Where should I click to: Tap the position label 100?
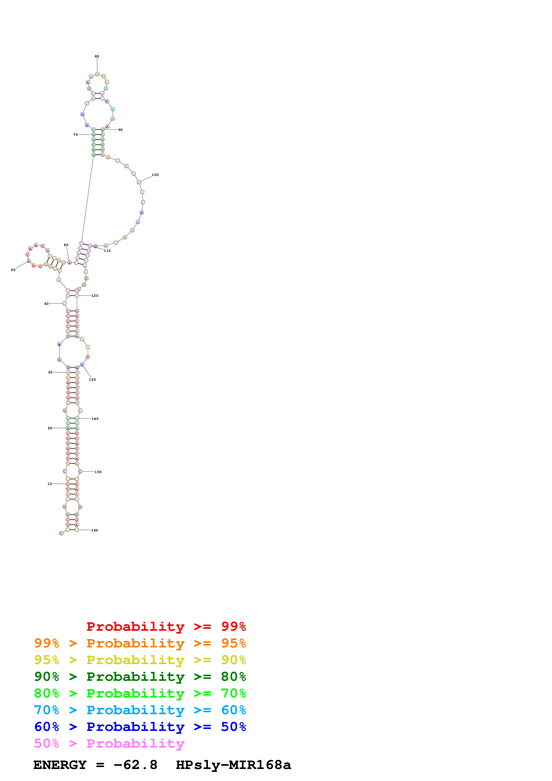[x=155, y=175]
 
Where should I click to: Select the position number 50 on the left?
[x=13, y=270]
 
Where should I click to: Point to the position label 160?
[x=95, y=530]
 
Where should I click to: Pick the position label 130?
[x=92, y=380]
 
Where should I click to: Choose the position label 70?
[x=75, y=135]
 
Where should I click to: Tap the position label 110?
[x=107, y=251]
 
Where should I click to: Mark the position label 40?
[x=46, y=304]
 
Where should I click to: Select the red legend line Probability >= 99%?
[x=166, y=626]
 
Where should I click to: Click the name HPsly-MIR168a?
[x=233, y=765]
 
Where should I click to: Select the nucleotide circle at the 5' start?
[x=61, y=533]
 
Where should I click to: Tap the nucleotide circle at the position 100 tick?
[x=139, y=182]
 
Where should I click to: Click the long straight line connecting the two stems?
[x=88, y=199]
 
